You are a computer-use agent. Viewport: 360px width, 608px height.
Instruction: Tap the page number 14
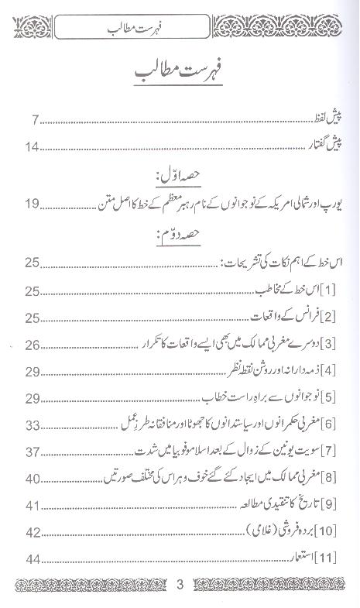tap(31, 146)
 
